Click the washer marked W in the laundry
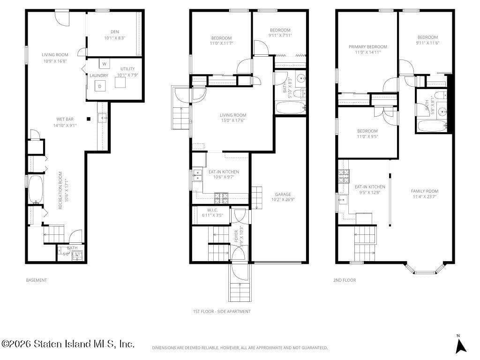tap(104, 64)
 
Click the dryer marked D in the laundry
tap(99, 86)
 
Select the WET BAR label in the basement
tap(65, 119)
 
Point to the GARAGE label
tap(283, 194)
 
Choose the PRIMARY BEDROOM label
tap(367, 46)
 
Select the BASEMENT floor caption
tap(36, 280)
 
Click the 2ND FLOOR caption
tap(344, 280)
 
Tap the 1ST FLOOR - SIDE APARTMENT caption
tap(221, 311)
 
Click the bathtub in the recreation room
tap(36, 189)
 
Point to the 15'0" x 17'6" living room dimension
tap(233, 120)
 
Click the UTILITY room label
tap(127, 69)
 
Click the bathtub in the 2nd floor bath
tap(431, 126)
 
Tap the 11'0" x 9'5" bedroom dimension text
tap(367, 137)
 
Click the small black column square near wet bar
tap(89, 118)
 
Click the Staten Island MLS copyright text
tap(68, 344)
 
